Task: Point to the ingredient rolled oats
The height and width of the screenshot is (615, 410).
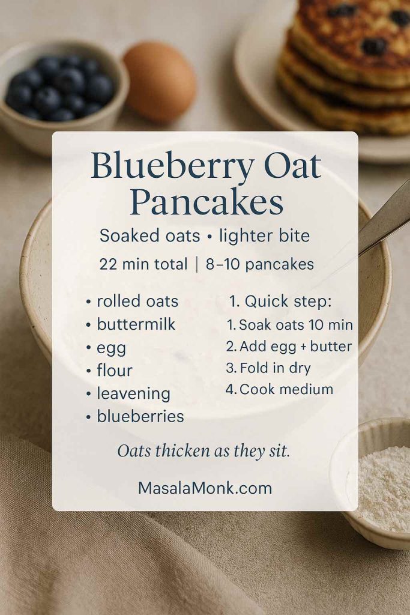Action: (x=137, y=301)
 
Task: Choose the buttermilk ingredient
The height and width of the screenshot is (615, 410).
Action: (x=136, y=324)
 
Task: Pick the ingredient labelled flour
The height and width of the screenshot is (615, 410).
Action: (x=114, y=370)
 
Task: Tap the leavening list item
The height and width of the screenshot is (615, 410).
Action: (x=133, y=393)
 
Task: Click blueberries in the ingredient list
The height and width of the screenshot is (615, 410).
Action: (x=140, y=416)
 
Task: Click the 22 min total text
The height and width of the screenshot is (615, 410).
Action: (x=143, y=264)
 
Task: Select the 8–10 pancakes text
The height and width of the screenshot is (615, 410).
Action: (x=259, y=264)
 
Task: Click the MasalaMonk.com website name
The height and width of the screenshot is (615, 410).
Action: (x=205, y=488)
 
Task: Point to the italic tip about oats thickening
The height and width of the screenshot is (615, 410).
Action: (x=203, y=450)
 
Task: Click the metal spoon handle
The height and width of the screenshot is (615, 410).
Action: (x=387, y=216)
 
